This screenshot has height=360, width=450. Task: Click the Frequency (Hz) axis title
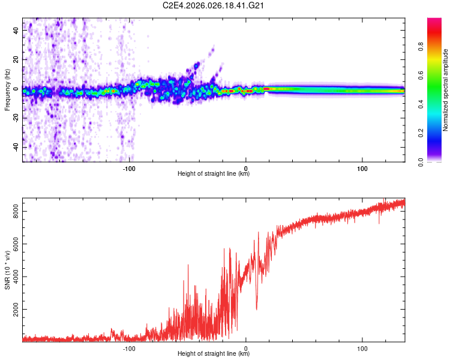[7, 89]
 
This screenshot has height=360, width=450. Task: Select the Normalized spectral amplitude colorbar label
[446, 90]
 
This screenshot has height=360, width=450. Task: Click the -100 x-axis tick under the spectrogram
[130, 168]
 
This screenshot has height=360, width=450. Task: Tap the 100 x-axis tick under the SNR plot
[362, 348]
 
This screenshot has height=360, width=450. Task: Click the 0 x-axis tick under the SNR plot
[246, 348]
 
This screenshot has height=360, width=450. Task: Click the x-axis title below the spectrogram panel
[214, 174]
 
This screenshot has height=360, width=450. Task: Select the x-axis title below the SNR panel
[214, 354]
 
